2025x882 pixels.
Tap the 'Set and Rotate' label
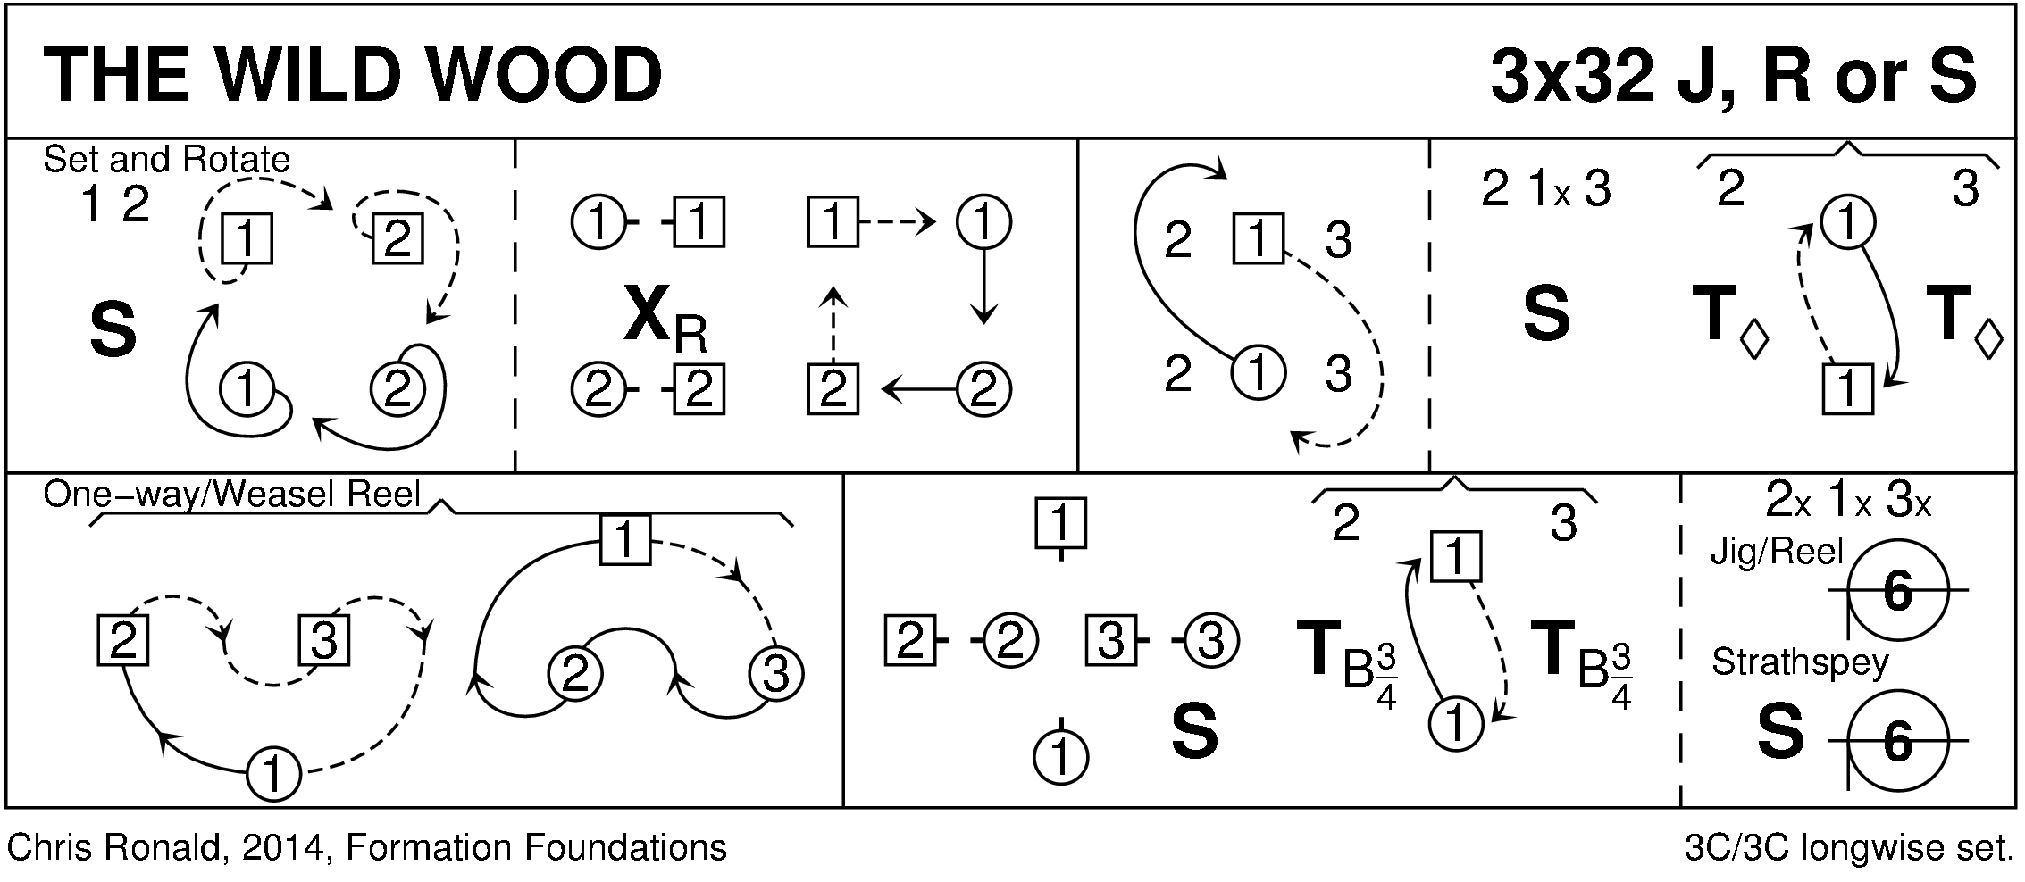tap(166, 160)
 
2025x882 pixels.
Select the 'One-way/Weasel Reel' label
tap(231, 494)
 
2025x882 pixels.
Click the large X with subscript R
tap(665, 320)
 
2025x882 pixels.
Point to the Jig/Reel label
tap(1777, 553)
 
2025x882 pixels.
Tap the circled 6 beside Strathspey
tap(1897, 740)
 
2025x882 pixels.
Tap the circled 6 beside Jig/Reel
tap(1897, 590)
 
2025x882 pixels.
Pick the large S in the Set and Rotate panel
tap(113, 329)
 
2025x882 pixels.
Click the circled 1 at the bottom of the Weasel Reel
tap(273, 773)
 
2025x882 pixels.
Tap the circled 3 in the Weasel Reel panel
tap(775, 674)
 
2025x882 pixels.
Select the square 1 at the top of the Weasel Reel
tap(624, 540)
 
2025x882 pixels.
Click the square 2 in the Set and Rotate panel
tap(397, 238)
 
